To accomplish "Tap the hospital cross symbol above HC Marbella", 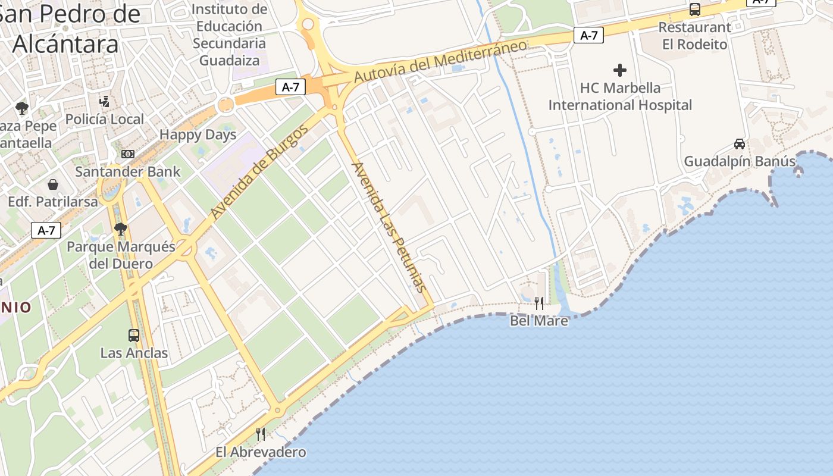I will point(620,70).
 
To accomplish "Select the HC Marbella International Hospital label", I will point(620,96).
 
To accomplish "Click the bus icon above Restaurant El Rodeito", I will point(694,10).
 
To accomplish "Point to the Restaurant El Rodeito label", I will point(694,36).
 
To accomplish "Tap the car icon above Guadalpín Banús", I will point(740,143).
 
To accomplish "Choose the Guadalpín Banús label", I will point(740,161).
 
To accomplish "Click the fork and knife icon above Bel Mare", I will point(539,303).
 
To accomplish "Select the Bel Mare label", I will point(539,321).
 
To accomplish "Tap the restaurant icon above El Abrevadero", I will point(261,434).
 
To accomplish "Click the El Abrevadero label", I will point(261,452).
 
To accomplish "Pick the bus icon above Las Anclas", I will point(134,335).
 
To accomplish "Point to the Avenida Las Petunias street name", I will point(389,227).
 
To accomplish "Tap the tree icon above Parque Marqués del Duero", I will point(121,228).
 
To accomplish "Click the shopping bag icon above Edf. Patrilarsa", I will point(53,184).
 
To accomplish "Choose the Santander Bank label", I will point(127,172).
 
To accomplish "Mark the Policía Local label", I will point(105,119).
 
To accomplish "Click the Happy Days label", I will point(198,134).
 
